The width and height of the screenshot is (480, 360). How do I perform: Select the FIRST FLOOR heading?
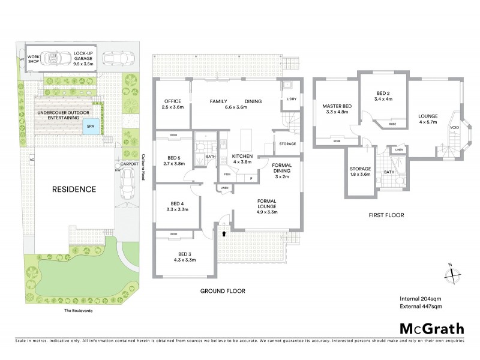[x=385, y=215]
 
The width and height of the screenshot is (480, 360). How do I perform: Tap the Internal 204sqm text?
[x=421, y=298]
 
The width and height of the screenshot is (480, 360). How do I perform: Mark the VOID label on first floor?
[x=454, y=127]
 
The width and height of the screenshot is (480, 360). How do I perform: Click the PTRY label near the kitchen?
[x=227, y=175]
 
